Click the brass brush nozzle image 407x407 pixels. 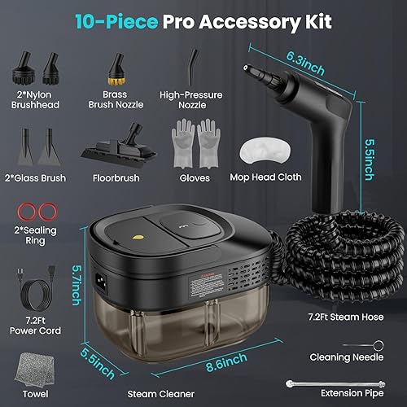[120, 66]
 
